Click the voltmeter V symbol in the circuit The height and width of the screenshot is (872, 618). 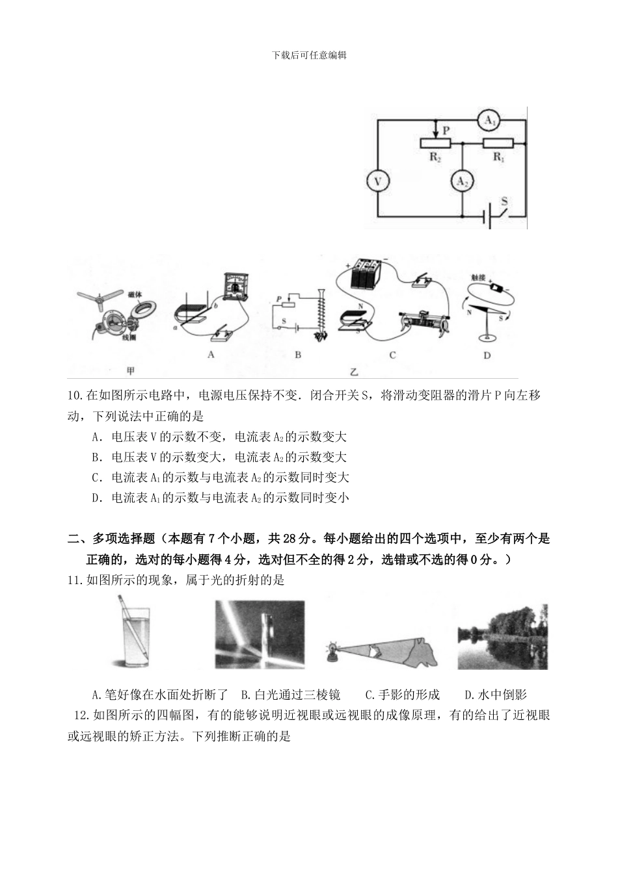376,182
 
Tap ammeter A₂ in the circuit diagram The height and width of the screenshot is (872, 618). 461,182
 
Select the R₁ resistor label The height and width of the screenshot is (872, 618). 499,157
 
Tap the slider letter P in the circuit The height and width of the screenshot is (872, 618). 446,130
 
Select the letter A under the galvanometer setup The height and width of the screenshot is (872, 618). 210,355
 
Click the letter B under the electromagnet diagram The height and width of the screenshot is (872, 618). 298,355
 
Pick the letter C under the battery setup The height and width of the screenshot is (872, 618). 392,355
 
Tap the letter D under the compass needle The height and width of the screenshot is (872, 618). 487,355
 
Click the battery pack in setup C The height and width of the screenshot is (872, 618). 365,274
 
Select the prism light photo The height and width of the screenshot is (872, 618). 260,634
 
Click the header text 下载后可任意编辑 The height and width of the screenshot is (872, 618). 309,55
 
